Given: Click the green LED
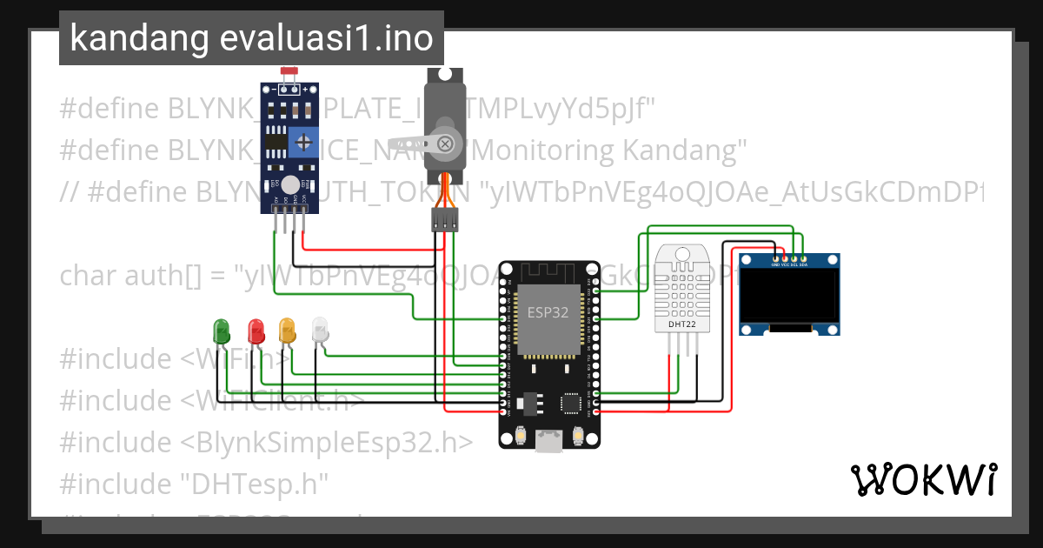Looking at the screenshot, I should (222, 331).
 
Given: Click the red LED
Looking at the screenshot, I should (256, 331).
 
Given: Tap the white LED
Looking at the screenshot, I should (320, 330).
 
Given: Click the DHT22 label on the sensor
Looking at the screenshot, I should (681, 325).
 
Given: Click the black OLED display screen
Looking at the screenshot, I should (789, 293).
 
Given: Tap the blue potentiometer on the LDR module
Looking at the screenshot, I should (302, 140).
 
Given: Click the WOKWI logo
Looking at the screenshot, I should (923, 479).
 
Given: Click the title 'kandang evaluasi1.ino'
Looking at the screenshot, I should (251, 38).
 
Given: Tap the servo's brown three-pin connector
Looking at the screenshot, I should (443, 221).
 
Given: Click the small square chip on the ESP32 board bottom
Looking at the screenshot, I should (571, 403).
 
